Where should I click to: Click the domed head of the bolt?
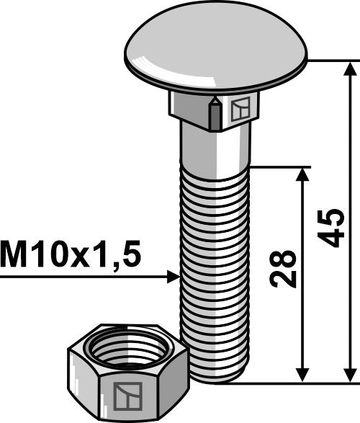(215, 50)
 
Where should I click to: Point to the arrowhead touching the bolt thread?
(172, 277)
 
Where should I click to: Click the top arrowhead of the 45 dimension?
(350, 69)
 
